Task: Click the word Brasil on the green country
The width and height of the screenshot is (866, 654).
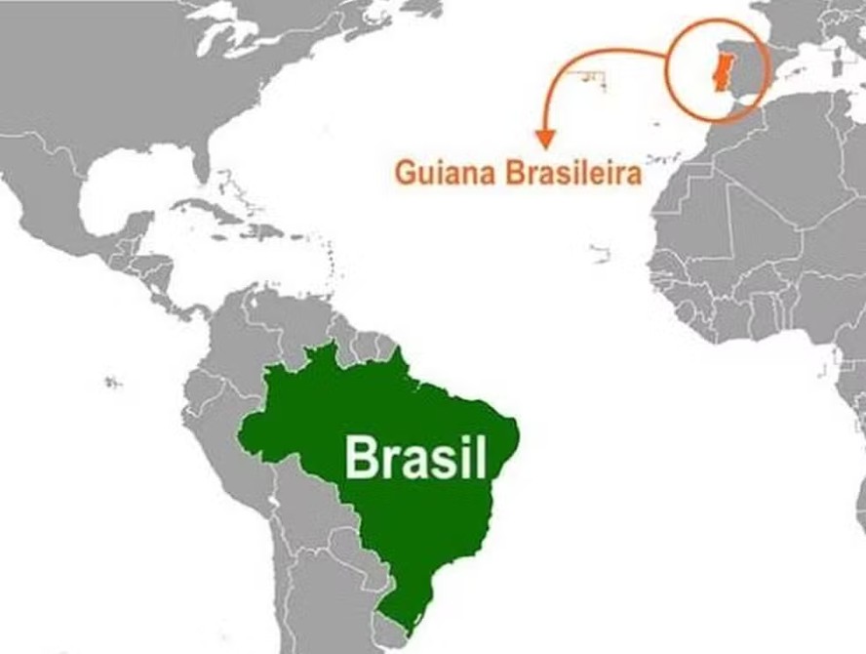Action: click(x=415, y=456)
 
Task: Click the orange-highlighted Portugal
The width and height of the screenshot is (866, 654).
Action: click(x=722, y=74)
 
